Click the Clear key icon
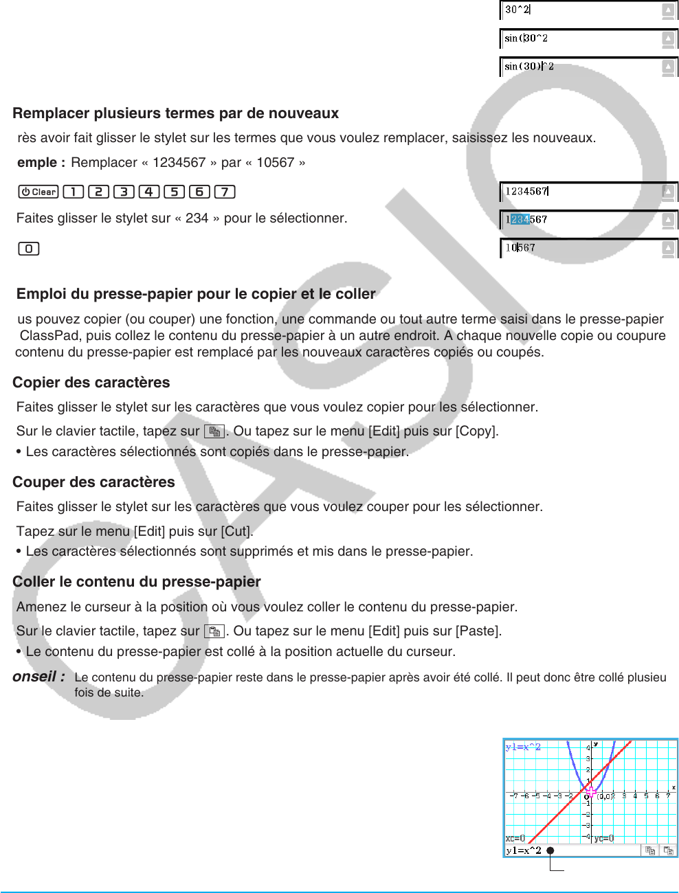pos(38,192)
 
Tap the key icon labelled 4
pos(149,192)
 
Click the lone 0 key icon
pos(28,249)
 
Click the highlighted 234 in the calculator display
pos(520,220)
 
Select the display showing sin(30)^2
pos(529,67)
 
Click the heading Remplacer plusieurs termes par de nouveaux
pos(175,113)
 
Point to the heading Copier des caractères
pos(91,383)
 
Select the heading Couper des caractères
pos(93,482)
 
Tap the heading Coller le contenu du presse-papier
pos(136,582)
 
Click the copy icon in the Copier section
pos(214,431)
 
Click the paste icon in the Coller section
pos(214,631)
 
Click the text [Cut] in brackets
pos(236,531)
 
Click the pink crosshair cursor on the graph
pos(591,791)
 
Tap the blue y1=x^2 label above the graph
pos(523,747)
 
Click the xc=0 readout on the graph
pos(515,838)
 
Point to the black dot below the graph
pos(550,850)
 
